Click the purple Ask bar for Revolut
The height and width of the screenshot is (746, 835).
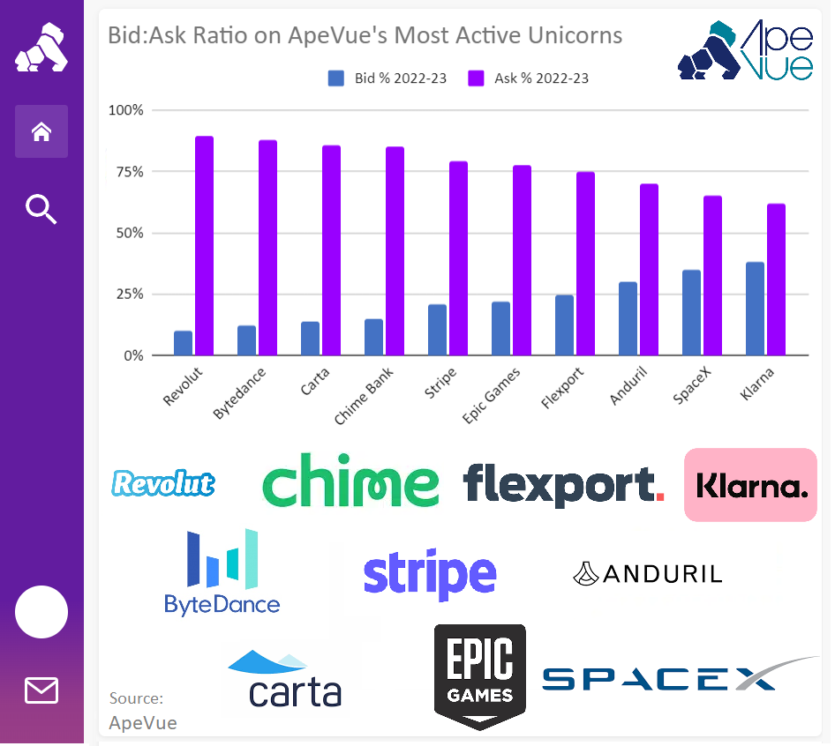click(204, 246)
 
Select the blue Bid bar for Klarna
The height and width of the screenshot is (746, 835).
click(755, 309)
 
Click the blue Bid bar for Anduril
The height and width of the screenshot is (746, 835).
click(628, 318)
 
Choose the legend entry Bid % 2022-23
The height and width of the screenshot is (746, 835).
click(387, 78)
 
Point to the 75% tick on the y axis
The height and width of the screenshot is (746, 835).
click(131, 171)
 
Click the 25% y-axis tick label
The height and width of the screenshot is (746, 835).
click(131, 294)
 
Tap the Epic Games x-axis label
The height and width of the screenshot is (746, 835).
click(493, 393)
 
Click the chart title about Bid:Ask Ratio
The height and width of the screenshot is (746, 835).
click(365, 35)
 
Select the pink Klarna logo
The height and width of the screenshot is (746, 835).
click(750, 485)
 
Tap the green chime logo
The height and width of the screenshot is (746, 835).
click(350, 481)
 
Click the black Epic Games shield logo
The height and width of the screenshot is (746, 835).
click(479, 675)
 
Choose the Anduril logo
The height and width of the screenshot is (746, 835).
click(648, 574)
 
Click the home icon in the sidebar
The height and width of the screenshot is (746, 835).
click(41, 131)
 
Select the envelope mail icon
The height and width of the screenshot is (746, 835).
click(41, 690)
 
